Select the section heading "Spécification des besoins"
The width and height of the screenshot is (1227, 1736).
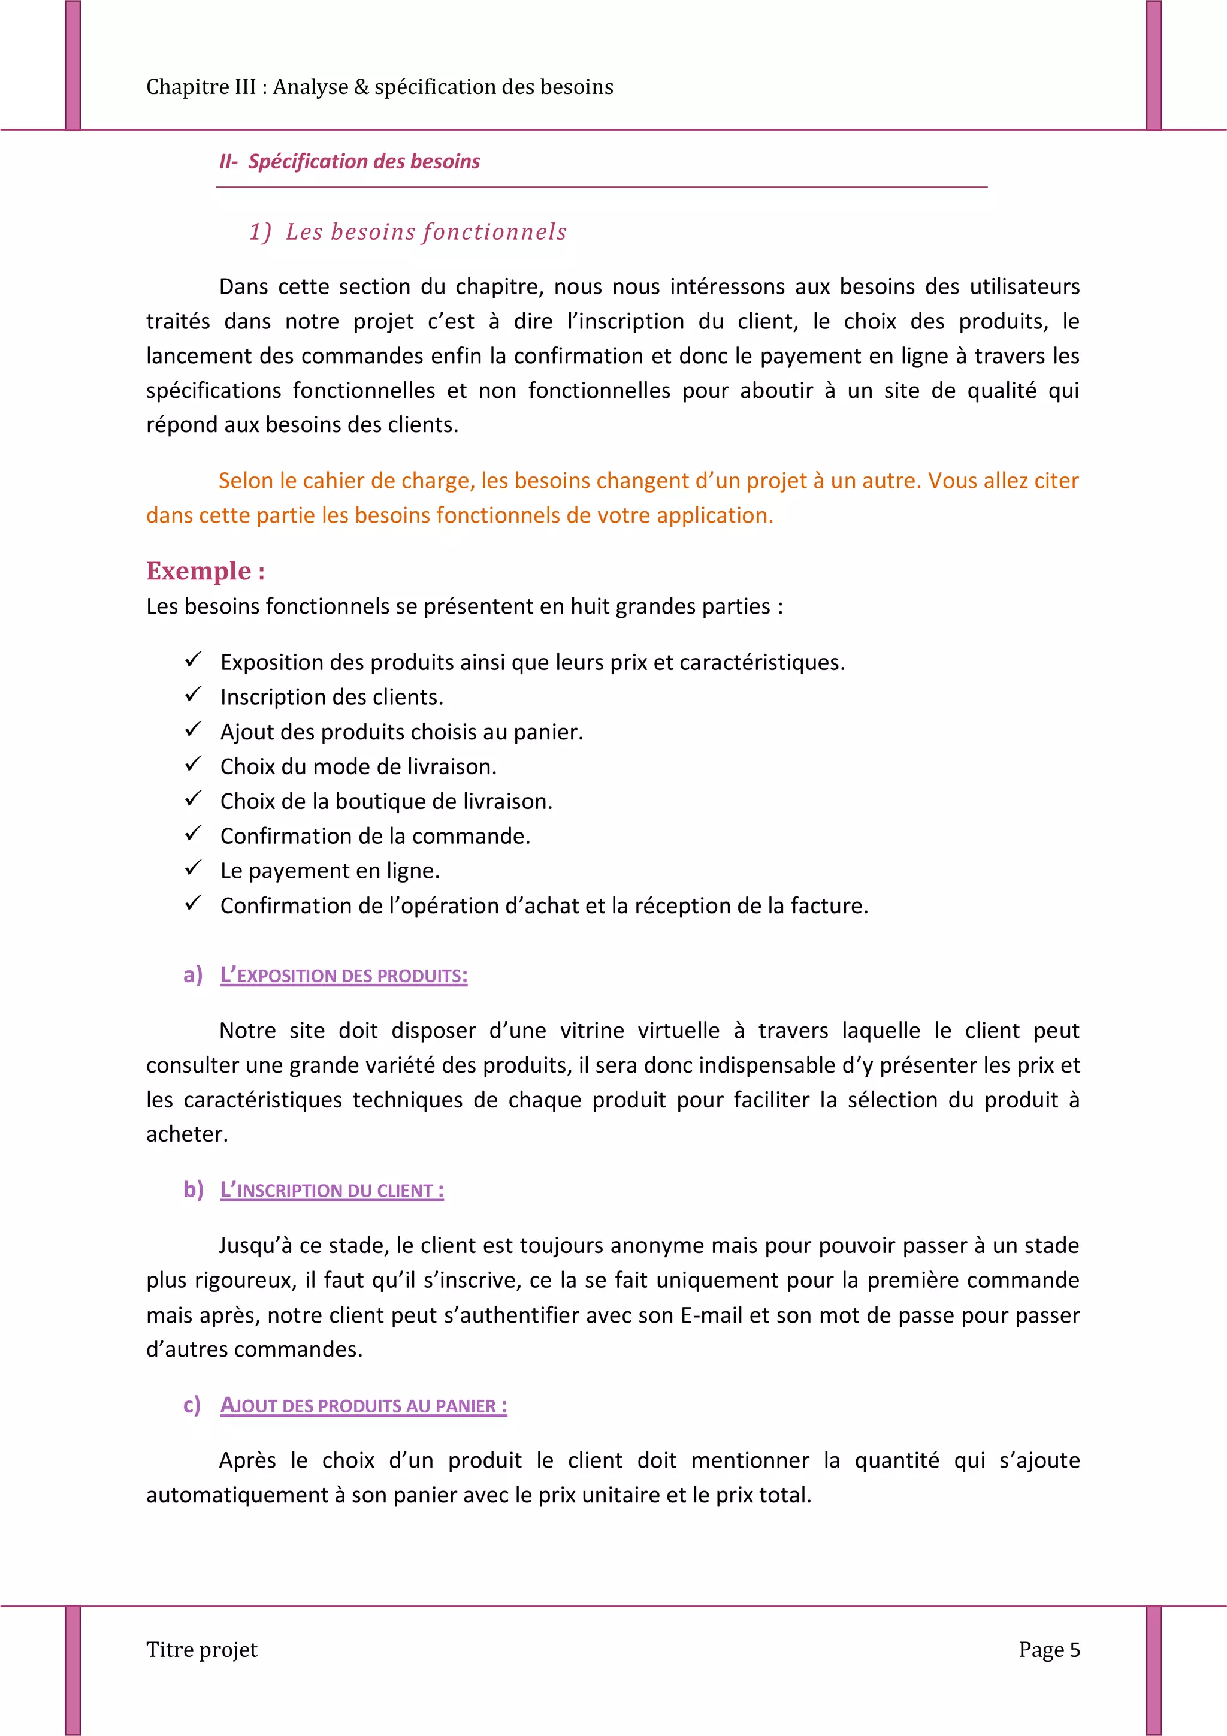[364, 162]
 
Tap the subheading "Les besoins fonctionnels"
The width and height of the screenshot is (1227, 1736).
[425, 231]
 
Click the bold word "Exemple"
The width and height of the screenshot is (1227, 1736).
[199, 571]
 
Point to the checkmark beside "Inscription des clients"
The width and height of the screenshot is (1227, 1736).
[193, 694]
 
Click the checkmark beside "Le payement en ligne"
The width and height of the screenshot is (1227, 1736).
[193, 868]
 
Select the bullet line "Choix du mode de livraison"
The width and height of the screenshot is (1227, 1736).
[358, 766]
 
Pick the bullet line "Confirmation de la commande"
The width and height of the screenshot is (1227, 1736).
[375, 837]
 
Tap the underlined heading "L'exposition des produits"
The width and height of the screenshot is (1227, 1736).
[344, 976]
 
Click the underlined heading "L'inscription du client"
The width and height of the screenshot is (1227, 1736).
[332, 1190]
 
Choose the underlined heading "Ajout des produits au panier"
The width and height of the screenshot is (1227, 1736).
[364, 1406]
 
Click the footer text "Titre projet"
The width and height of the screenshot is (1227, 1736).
[202, 1649]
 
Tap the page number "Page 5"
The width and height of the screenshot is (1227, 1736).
[1049, 1649]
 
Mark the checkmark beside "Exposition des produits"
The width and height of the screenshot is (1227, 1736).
[193, 659]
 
